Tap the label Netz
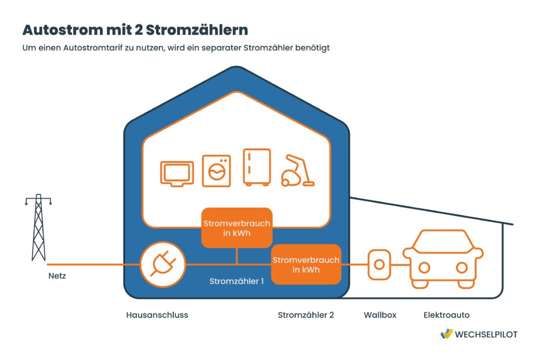(x=56, y=275)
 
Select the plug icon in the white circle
(x=163, y=264)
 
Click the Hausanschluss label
(x=157, y=315)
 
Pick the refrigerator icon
(x=257, y=167)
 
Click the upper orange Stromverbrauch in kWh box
(x=236, y=228)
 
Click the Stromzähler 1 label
(x=236, y=281)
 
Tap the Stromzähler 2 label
(x=306, y=315)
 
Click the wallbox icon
(x=378, y=265)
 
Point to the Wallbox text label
(x=380, y=315)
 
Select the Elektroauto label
(x=446, y=315)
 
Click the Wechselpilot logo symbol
(x=446, y=334)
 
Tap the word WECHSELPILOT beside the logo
(x=487, y=335)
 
